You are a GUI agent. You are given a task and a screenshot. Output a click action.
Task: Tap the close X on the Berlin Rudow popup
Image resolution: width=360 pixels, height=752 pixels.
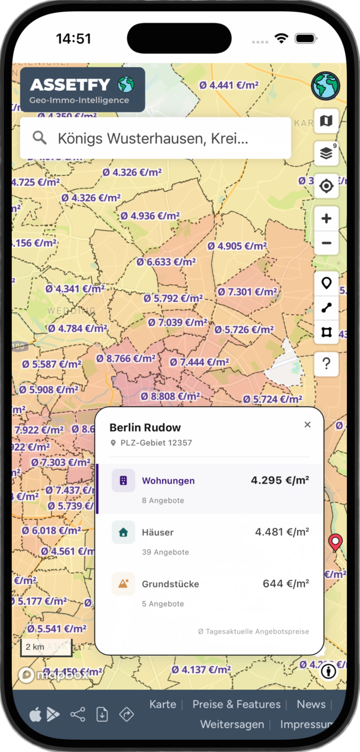(307, 425)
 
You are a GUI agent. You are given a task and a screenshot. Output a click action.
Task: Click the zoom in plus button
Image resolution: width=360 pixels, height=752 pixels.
(326, 218)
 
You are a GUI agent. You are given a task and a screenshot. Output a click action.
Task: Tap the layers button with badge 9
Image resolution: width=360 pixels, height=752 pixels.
(326, 153)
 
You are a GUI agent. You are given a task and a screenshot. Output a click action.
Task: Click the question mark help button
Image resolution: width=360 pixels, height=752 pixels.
(326, 363)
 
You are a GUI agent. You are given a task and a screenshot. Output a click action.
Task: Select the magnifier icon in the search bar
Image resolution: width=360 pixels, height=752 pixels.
(39, 138)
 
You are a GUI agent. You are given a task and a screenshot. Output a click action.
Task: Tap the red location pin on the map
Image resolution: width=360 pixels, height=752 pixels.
(335, 542)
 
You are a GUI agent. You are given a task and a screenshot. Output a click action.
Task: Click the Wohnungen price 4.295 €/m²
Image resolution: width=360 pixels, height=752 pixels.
(280, 480)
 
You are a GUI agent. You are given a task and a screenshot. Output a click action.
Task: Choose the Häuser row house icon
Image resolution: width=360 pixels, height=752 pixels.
(123, 532)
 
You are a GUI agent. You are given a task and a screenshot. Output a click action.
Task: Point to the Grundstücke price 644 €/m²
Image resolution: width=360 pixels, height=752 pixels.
(286, 584)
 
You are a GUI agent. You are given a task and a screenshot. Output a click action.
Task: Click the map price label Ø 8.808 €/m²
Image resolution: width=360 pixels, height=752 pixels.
(171, 396)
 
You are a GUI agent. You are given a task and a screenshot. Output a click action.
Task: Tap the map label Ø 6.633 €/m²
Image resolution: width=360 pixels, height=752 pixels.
(166, 262)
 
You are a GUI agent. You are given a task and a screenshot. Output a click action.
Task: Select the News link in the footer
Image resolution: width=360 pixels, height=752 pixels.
(311, 704)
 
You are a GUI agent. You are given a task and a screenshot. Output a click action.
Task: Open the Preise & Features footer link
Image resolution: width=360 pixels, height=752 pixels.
(236, 704)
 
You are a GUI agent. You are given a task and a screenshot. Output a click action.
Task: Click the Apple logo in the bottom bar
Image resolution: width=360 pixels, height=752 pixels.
(36, 714)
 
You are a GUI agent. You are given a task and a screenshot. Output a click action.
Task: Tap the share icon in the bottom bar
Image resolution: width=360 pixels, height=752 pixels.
(78, 714)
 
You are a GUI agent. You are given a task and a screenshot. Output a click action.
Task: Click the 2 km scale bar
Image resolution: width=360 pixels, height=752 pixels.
(35, 647)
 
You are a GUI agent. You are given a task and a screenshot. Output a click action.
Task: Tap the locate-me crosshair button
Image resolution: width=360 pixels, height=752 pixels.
(326, 186)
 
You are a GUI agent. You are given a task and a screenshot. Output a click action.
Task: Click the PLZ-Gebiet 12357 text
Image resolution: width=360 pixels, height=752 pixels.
(156, 443)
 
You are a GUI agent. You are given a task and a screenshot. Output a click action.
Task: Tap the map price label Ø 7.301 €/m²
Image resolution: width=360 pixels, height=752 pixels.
(247, 292)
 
